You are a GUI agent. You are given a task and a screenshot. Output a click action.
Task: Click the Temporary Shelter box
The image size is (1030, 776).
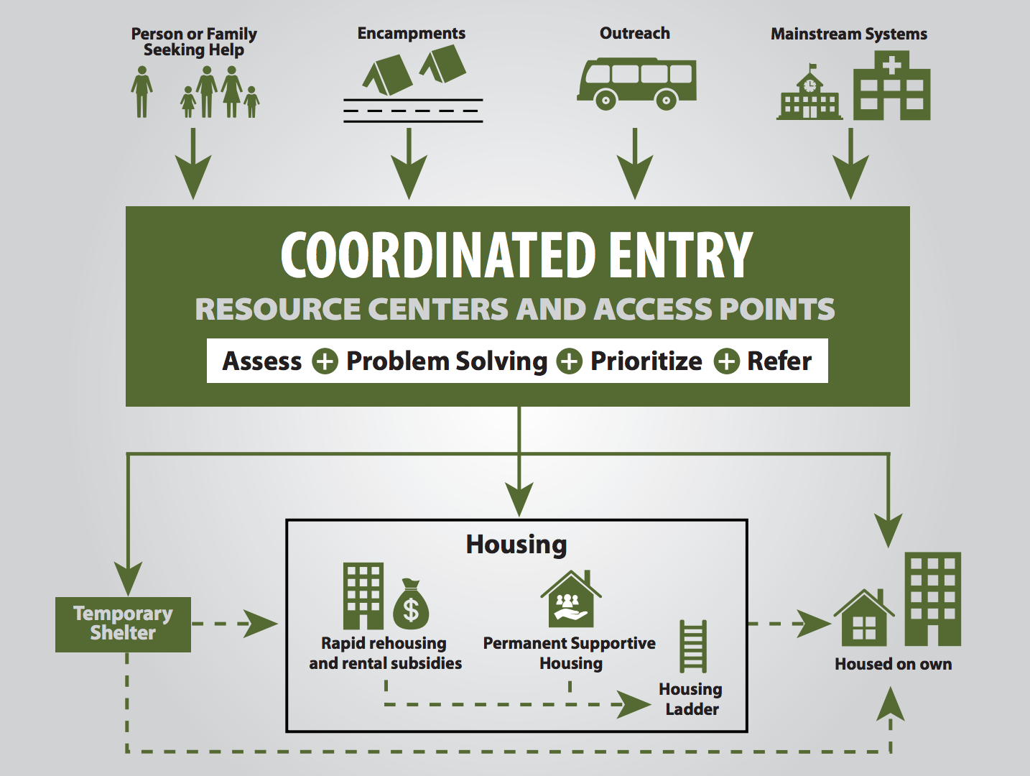(123, 624)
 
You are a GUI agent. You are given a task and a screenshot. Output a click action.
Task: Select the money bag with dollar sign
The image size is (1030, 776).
(411, 604)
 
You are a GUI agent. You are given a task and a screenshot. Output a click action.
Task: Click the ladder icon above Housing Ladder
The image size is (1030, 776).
(693, 647)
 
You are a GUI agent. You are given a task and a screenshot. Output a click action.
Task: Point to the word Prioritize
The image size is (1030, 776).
(646, 361)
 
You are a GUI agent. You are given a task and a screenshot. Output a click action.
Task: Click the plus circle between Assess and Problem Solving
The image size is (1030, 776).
(325, 361)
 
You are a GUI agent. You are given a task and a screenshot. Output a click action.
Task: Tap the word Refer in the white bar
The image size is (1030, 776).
(779, 361)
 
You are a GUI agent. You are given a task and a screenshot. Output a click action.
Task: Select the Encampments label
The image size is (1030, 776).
(411, 33)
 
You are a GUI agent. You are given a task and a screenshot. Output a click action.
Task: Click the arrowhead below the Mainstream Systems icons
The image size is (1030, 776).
(850, 177)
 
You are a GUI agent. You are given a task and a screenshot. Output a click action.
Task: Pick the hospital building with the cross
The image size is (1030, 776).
(891, 86)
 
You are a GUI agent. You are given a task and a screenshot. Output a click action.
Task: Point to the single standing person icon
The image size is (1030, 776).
(141, 91)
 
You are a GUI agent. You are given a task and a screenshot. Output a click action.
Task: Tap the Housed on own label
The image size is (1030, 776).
(893, 664)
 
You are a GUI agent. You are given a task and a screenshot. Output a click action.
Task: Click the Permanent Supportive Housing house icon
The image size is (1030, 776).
(570, 599)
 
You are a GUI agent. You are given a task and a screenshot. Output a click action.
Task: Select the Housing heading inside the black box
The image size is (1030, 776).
(516, 545)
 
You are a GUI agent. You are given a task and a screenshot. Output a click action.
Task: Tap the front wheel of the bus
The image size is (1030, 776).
(606, 100)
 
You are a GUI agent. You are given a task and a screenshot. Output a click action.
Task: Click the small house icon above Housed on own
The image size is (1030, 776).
(864, 618)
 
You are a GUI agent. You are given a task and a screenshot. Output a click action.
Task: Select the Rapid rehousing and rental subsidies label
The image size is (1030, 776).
(385, 653)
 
